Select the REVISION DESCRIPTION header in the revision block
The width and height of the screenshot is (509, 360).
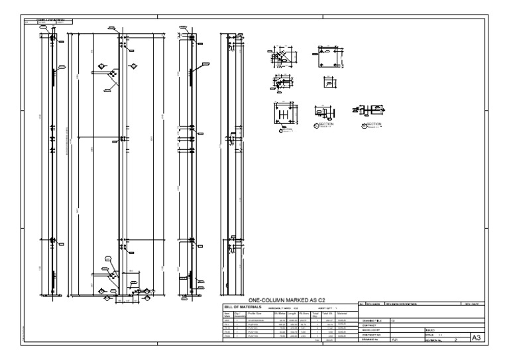[402, 304]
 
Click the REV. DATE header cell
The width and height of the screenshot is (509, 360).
[477, 304]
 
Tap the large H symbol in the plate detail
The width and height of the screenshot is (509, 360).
[284, 114]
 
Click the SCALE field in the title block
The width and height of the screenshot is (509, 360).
[431, 335]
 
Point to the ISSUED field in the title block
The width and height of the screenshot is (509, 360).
[431, 330]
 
